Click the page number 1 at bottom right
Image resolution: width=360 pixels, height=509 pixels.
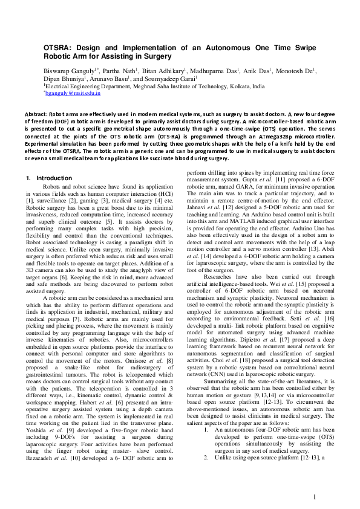tap(315, 496)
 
